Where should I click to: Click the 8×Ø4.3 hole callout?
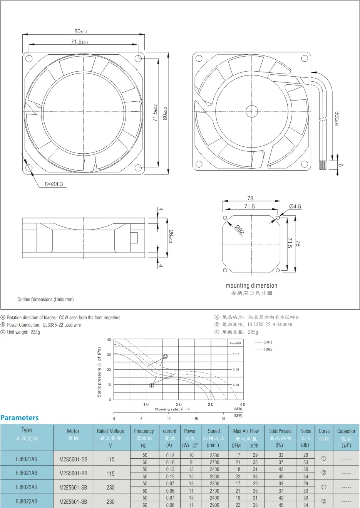coord(54,184)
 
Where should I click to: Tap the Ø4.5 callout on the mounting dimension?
coord(295,207)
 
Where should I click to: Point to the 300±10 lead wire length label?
coord(337,119)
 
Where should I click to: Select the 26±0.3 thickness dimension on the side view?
coord(169,236)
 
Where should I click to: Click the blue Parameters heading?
coord(20,417)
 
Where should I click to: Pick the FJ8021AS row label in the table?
coord(27,459)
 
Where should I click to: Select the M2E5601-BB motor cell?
coord(73,501)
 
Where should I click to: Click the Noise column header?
coord(306,431)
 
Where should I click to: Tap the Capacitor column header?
coord(346,431)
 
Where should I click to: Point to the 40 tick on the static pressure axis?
coord(109,340)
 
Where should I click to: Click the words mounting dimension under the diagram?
coord(251,285)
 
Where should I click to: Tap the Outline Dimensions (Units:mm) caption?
coord(45,299)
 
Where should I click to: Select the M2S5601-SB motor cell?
coord(73,459)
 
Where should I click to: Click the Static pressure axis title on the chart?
coord(99,372)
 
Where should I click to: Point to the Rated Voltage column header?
coord(111,431)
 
